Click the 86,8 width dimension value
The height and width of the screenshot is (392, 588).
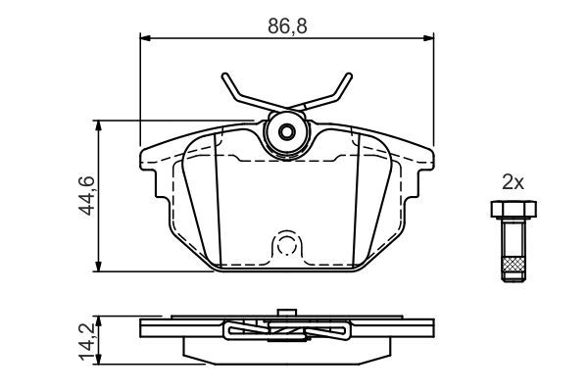tap(288, 26)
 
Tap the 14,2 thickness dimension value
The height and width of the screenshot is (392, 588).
tap(86, 338)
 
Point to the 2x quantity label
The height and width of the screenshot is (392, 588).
tap(514, 181)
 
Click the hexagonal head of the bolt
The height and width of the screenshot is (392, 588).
tap(512, 209)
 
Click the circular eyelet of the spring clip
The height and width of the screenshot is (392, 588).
tap(287, 132)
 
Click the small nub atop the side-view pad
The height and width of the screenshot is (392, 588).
tap(287, 314)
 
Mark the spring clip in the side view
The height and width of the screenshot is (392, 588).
tap(287, 332)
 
